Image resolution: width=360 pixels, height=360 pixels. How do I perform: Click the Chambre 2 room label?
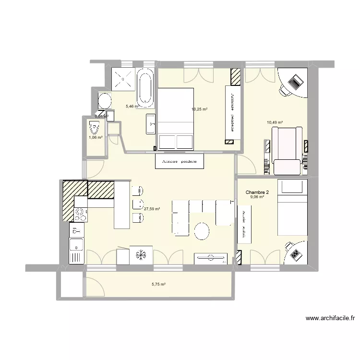[258, 192]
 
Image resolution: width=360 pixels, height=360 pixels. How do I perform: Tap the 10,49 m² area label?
[275, 122]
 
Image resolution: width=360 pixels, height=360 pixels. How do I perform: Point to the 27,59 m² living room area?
[152, 209]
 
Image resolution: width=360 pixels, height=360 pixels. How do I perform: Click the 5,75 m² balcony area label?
[158, 284]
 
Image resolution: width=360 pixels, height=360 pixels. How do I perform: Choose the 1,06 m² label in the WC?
[95, 137]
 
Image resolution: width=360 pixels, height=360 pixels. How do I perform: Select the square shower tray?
[124, 79]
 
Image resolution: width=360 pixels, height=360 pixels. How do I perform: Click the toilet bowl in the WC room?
[95, 129]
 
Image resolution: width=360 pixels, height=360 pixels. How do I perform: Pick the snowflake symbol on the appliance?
[141, 255]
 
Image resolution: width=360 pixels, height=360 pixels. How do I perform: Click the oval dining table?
[202, 231]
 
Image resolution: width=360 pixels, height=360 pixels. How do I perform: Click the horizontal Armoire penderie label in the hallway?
[180, 161]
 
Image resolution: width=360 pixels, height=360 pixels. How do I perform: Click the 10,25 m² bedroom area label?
[199, 109]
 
